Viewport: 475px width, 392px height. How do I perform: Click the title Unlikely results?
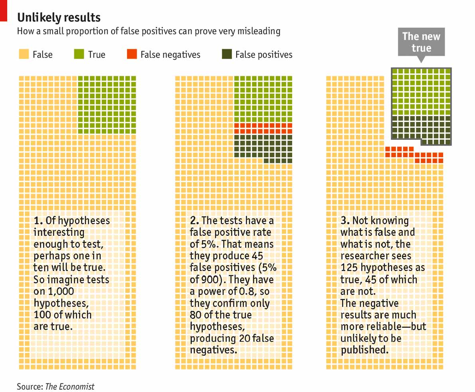point(58,18)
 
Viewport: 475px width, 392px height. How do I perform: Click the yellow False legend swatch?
point(24,54)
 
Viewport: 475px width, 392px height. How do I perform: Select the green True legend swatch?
point(79,54)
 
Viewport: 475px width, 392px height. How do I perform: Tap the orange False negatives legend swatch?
point(132,54)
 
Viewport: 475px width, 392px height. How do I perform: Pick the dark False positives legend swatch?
point(227,54)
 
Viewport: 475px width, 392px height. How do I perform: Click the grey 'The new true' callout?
point(421,42)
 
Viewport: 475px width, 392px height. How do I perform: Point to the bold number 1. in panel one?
point(38,221)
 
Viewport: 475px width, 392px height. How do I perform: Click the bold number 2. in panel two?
point(194,221)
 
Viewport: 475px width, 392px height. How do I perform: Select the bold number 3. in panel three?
point(345,221)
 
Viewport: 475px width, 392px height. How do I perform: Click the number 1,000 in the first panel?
point(61,292)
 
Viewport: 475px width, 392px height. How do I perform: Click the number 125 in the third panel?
point(349,267)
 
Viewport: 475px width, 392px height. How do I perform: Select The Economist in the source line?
point(70,386)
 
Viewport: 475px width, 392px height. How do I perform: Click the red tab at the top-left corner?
point(4,10)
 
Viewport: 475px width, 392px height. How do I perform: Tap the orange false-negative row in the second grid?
point(263,128)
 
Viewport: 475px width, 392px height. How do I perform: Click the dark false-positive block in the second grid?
point(263,146)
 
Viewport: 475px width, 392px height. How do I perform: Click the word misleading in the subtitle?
point(258,31)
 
